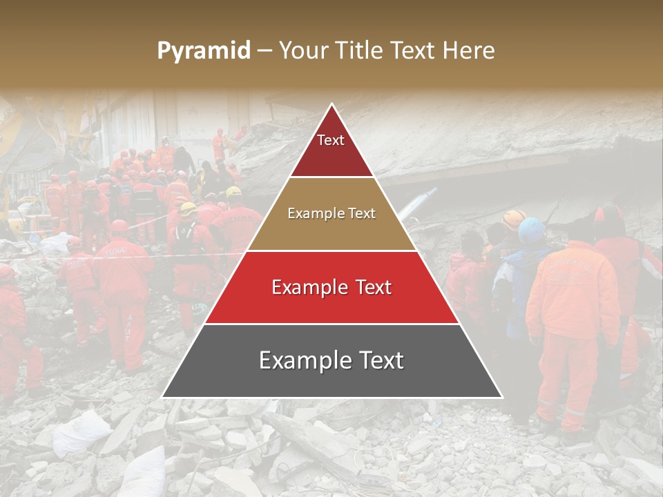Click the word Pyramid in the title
coord(203,51)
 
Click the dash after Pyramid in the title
coord(265,51)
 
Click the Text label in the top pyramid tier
coord(331,140)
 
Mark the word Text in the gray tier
coord(381,360)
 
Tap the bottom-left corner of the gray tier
coord(162,398)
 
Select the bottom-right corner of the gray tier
coord(502,398)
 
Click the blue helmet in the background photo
coord(532,230)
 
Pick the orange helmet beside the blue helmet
coord(513,220)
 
